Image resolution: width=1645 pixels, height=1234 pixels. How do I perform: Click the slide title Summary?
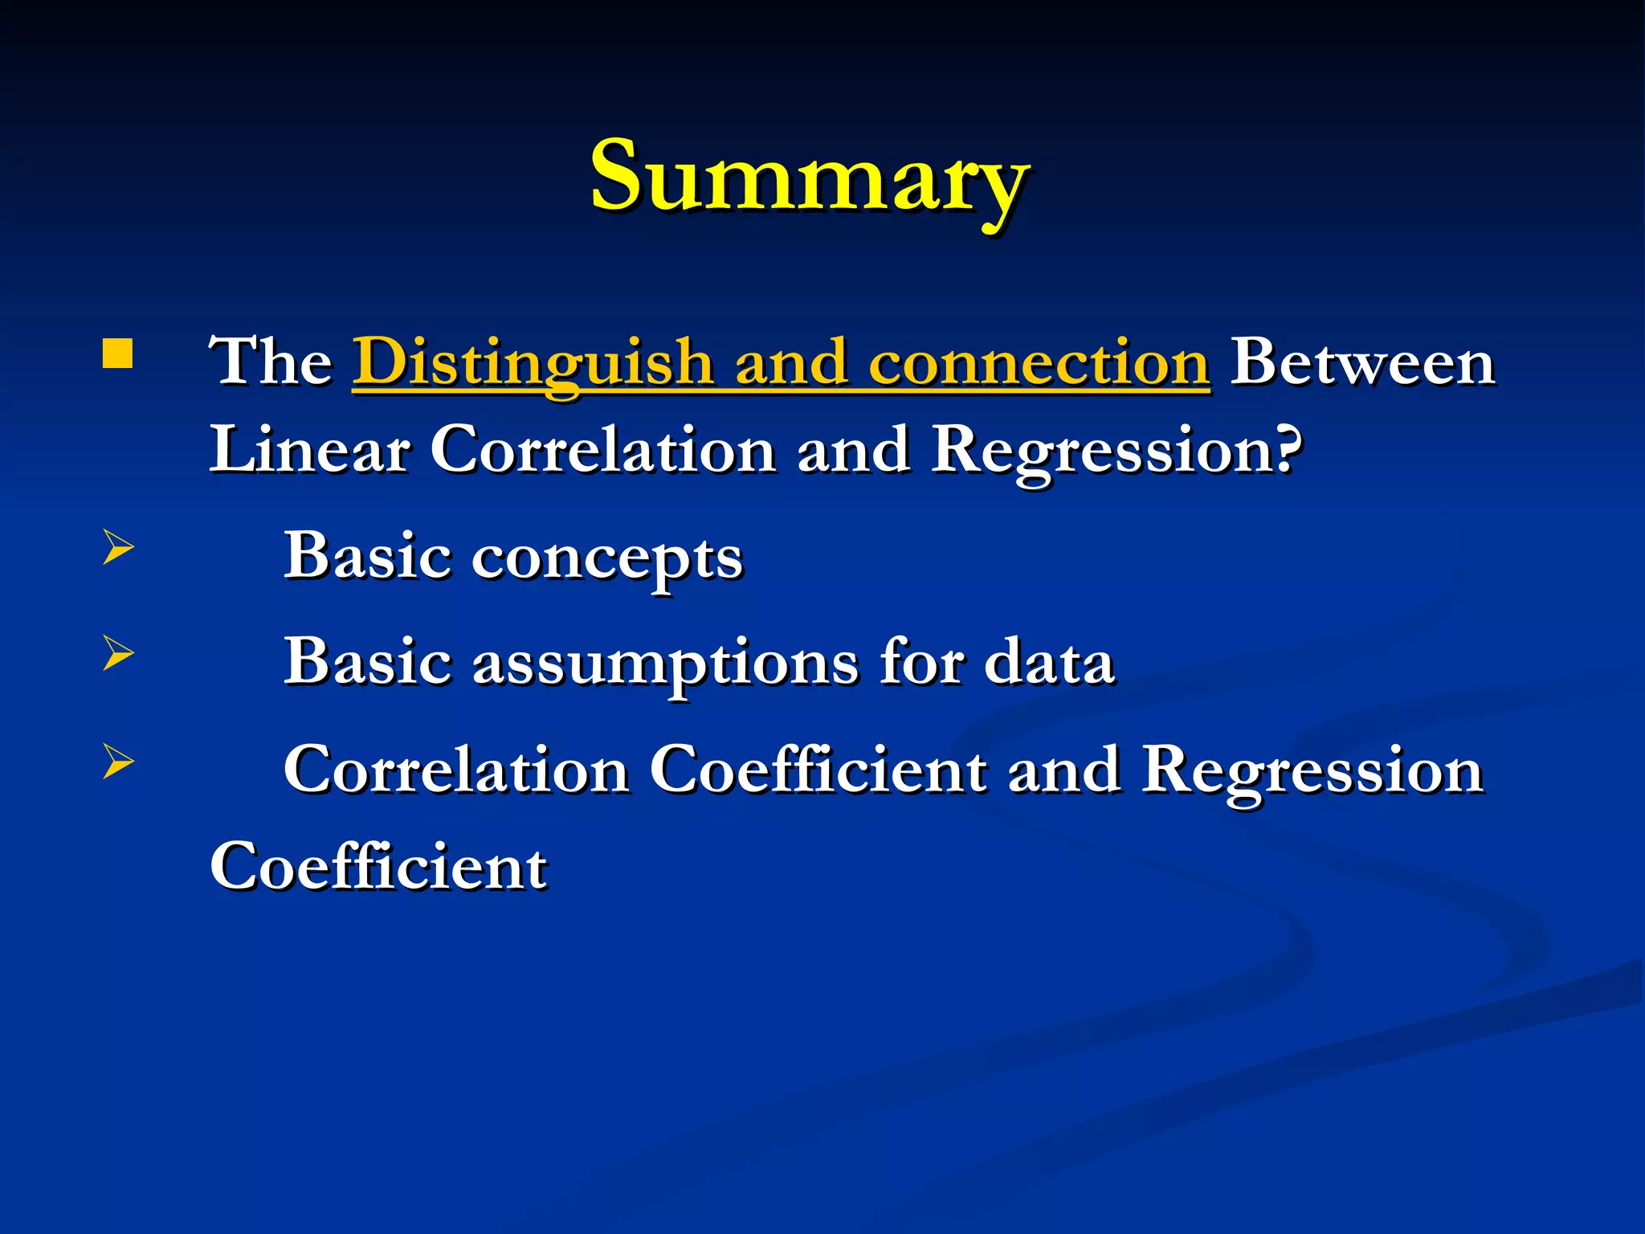809,177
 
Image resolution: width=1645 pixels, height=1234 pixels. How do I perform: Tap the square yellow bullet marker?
117,353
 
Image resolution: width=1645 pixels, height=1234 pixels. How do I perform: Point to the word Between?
1362,363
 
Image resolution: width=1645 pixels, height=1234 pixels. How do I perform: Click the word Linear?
309,450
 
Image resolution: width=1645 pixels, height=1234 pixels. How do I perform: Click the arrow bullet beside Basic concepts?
117,550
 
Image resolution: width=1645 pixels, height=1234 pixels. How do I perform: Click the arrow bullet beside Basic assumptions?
117,653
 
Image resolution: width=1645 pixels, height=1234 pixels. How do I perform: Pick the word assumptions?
665,664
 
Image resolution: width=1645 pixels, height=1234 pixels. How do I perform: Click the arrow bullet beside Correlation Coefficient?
117,761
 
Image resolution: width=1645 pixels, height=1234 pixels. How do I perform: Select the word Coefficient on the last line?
378,867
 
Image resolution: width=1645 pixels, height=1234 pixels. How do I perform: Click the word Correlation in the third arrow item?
456,770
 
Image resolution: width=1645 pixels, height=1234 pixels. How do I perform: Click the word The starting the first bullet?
271,363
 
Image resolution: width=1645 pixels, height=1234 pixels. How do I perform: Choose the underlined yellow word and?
791,363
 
